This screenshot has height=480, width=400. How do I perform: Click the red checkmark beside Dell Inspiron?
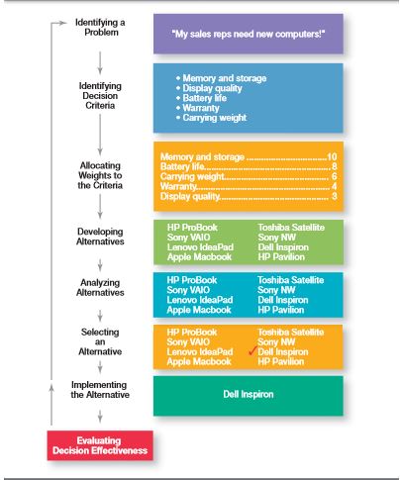(252, 351)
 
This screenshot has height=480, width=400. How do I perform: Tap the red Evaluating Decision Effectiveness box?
(100, 445)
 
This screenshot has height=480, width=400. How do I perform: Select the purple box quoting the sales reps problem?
(249, 34)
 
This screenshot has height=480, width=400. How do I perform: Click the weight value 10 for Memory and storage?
(332, 156)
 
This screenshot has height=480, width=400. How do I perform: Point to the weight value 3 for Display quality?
(335, 196)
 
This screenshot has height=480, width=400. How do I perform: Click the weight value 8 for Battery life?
(335, 166)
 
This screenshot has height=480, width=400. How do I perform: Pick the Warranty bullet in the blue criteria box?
(197, 108)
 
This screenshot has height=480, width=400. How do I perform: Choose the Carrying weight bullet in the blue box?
(211, 118)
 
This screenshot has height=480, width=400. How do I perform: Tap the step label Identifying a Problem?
(100, 28)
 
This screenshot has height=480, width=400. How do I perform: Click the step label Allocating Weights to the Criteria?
(100, 175)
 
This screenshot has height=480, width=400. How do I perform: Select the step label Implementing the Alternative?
(100, 390)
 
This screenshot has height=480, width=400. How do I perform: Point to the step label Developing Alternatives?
(100, 237)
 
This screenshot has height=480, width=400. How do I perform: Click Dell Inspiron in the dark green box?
(249, 394)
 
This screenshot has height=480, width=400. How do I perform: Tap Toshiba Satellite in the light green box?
(291, 228)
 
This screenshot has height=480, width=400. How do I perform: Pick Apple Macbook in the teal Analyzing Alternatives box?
(199, 310)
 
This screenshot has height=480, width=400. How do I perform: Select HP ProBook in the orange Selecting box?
(192, 333)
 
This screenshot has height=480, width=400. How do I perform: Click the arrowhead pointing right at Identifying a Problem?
(63, 23)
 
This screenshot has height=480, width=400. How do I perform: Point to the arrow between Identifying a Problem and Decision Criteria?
(100, 62)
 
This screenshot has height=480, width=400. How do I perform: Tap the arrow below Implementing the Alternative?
(100, 417)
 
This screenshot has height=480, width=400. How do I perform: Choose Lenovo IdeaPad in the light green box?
(200, 247)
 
